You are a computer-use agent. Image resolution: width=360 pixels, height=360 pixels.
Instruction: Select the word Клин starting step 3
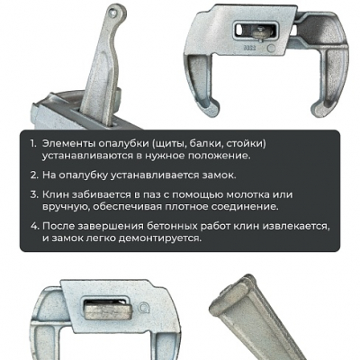pyautogui.click(x=56, y=194)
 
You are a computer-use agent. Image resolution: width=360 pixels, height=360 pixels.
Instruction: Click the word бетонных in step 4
pyautogui.click(x=173, y=227)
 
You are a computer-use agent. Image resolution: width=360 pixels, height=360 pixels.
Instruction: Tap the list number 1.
pyautogui.click(x=33, y=144)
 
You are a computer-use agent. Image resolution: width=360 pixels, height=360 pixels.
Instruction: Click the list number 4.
pyautogui.click(x=35, y=227)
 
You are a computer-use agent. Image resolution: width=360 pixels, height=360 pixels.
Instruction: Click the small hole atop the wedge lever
pyautogui.click(x=112, y=12)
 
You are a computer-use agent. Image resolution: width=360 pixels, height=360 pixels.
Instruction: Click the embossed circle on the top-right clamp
pyautogui.click(x=271, y=48)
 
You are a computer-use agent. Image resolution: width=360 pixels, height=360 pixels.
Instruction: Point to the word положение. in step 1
pyautogui.click(x=220, y=157)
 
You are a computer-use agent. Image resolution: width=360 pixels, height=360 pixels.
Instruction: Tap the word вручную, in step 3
pyautogui.click(x=65, y=208)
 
